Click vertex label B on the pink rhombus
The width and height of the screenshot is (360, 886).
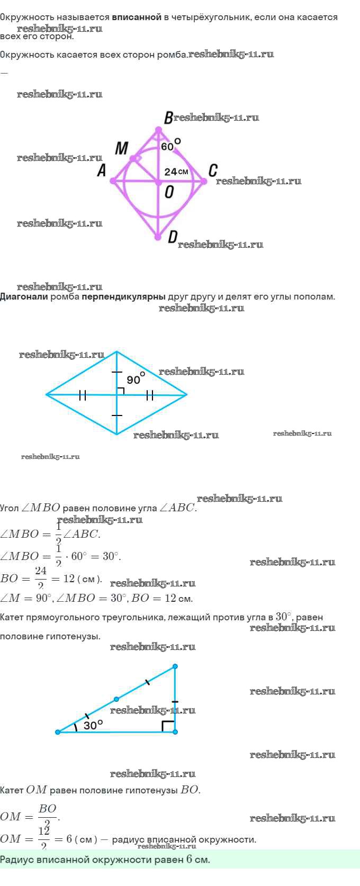(x=168, y=118)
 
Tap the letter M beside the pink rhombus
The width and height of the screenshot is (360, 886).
(x=122, y=148)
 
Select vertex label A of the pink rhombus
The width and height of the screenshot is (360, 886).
(x=102, y=170)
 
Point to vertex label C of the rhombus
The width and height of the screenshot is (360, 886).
(x=213, y=170)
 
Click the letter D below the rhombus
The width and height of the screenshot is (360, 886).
(x=173, y=238)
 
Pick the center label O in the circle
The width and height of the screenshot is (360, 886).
(x=169, y=192)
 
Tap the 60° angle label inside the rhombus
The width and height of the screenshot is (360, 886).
(x=170, y=145)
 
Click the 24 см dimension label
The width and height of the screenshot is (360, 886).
(x=176, y=171)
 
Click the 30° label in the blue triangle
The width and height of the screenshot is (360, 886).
(x=93, y=725)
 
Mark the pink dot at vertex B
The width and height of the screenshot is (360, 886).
(x=158, y=129)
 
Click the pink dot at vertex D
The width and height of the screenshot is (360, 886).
(x=158, y=238)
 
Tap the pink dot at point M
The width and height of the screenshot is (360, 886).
(x=133, y=158)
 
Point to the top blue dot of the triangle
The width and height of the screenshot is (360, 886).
(x=175, y=666)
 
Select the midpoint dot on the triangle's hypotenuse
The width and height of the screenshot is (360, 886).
(x=116, y=699)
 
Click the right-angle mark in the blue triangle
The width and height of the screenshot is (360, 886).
(x=168, y=726)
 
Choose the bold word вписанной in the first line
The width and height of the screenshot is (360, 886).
(x=137, y=17)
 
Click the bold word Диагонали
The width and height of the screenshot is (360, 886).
(x=24, y=296)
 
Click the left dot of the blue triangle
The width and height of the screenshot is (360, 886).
(x=58, y=732)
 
